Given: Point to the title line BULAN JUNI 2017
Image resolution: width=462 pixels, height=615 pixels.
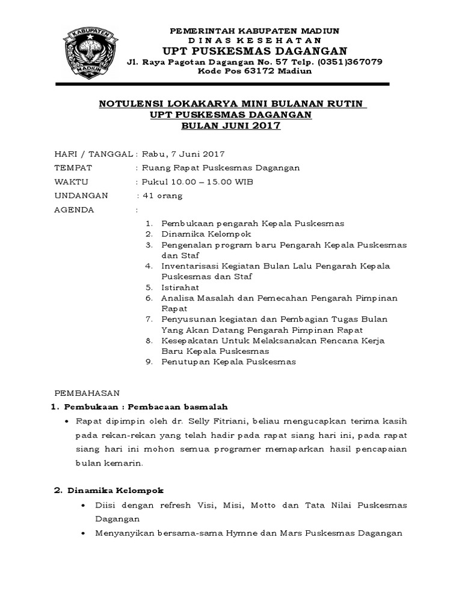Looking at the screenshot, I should tap(232, 126).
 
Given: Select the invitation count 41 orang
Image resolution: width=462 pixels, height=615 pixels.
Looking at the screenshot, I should tap(162, 196).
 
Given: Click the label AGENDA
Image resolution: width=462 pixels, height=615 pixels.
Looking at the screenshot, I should tap(74, 210).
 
